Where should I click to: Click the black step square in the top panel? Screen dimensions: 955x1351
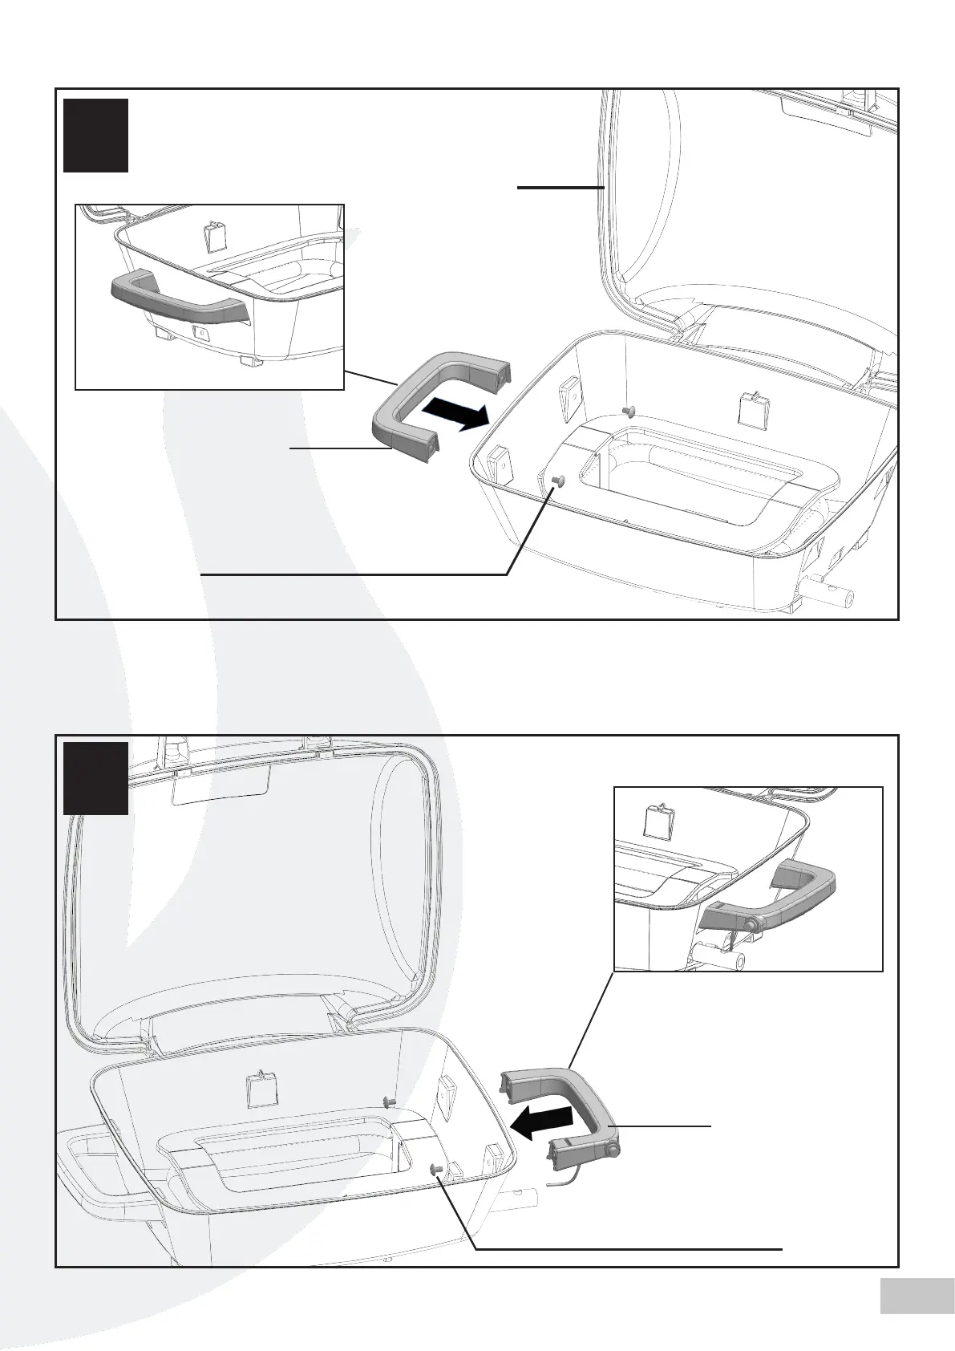tap(96, 135)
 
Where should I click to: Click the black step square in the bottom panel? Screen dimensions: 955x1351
tap(96, 778)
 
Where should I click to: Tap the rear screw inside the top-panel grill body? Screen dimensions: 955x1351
tap(628, 411)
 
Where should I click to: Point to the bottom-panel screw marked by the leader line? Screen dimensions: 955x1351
tap(437, 1168)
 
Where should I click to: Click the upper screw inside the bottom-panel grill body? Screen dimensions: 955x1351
tap(390, 1100)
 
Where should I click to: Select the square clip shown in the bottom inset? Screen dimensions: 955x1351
tap(659, 822)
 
